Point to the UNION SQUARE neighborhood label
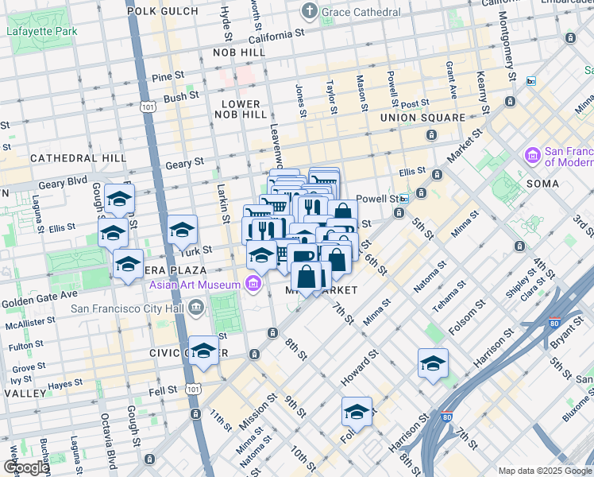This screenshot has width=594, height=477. tap(422, 118)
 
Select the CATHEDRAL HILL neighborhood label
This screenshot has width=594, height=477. tap(78, 158)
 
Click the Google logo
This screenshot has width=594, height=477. tap(26, 467)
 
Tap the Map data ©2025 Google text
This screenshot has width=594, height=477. tap(544, 471)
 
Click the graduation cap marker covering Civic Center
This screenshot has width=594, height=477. tap(204, 351)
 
